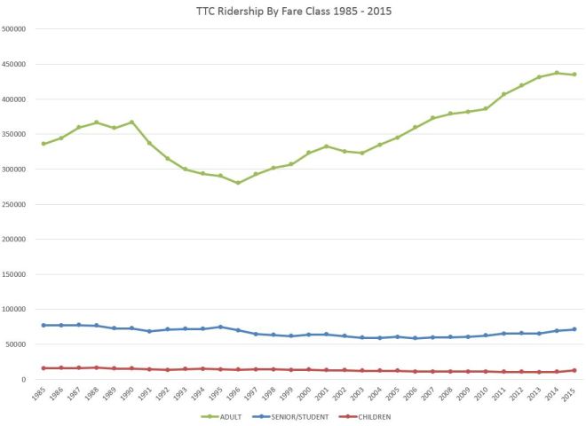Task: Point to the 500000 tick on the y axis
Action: point(15,29)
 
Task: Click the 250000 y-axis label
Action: point(15,204)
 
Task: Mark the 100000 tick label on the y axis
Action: point(15,309)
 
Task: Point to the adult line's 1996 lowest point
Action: point(238,183)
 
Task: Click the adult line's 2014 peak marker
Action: point(557,73)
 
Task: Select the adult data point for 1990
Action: point(131,122)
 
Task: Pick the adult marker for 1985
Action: point(44,144)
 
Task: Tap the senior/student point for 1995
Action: point(220,327)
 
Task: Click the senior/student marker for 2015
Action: point(574,329)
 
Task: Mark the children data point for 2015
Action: point(574,370)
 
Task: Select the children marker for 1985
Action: point(44,368)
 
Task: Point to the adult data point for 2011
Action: point(503,94)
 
